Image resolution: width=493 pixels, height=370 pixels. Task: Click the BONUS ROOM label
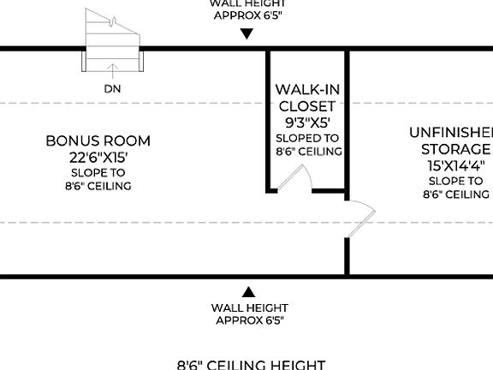(98, 140)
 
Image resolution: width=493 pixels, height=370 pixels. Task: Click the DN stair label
(111, 87)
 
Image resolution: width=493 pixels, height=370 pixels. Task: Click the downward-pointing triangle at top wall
(247, 34)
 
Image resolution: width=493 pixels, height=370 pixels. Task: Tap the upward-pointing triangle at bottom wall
(248, 292)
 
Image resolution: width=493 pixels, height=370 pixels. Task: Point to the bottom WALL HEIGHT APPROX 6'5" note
(249, 313)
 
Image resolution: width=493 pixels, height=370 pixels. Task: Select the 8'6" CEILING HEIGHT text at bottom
(251, 364)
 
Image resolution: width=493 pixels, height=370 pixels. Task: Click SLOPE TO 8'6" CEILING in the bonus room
(98, 179)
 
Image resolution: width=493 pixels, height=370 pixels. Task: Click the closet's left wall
(269, 120)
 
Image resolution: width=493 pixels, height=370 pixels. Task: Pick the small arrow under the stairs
(110, 69)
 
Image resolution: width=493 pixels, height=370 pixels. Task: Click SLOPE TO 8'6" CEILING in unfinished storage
(455, 188)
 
